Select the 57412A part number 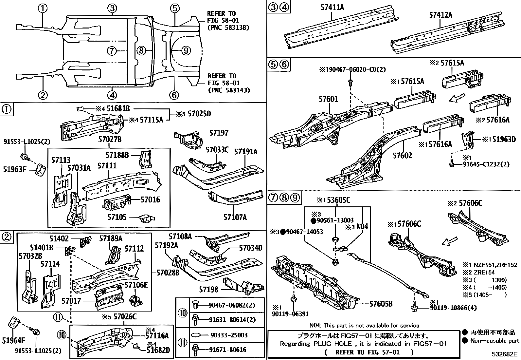point(440,15)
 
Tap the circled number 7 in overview point(112,51)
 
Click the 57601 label point(328,99)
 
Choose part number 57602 point(403,155)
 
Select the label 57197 point(219,133)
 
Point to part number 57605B point(381,304)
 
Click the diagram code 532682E point(505,354)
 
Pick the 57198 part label point(209,290)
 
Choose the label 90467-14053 point(304,232)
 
